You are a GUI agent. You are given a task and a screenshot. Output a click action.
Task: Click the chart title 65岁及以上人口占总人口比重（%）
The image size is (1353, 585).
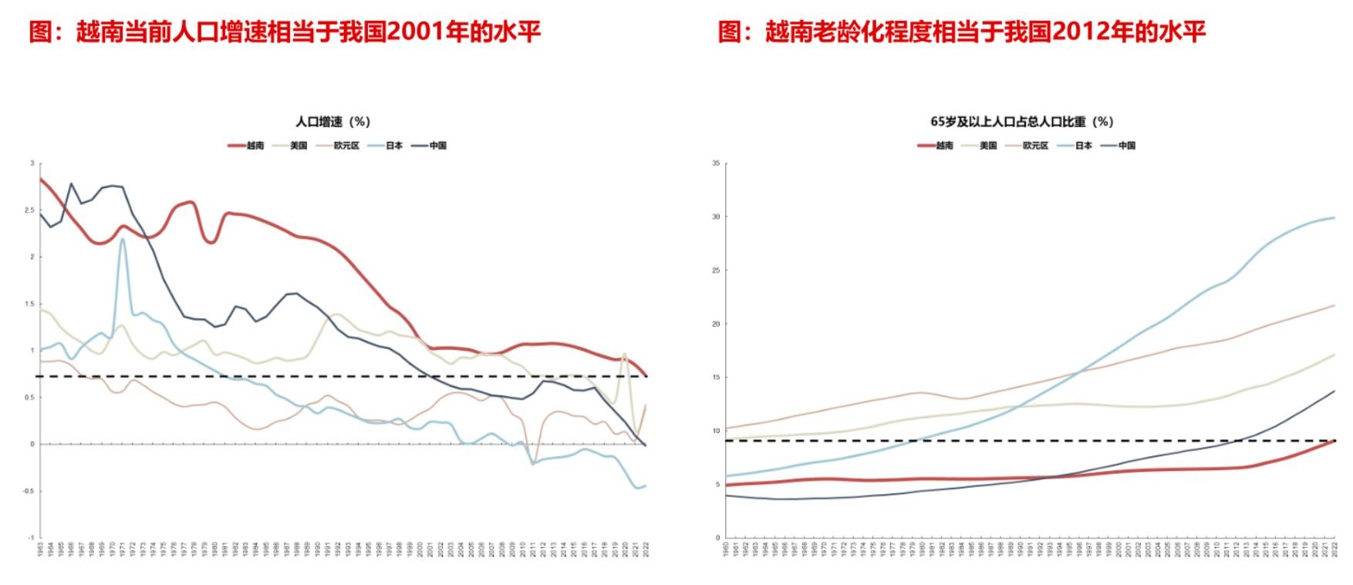[1022, 122]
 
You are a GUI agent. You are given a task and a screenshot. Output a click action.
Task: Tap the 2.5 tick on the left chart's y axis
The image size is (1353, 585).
[32, 210]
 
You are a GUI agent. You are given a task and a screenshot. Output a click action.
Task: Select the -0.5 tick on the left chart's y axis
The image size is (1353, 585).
[30, 491]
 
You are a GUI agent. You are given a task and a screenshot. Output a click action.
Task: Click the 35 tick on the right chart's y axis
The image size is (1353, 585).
[716, 163]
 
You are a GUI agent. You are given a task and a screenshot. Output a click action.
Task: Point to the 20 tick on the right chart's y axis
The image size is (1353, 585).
[716, 324]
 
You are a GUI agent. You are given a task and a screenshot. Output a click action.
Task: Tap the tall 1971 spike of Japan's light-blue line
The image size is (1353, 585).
[123, 239]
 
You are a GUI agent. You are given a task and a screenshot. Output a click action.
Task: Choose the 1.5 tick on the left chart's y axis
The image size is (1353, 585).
[32, 304]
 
